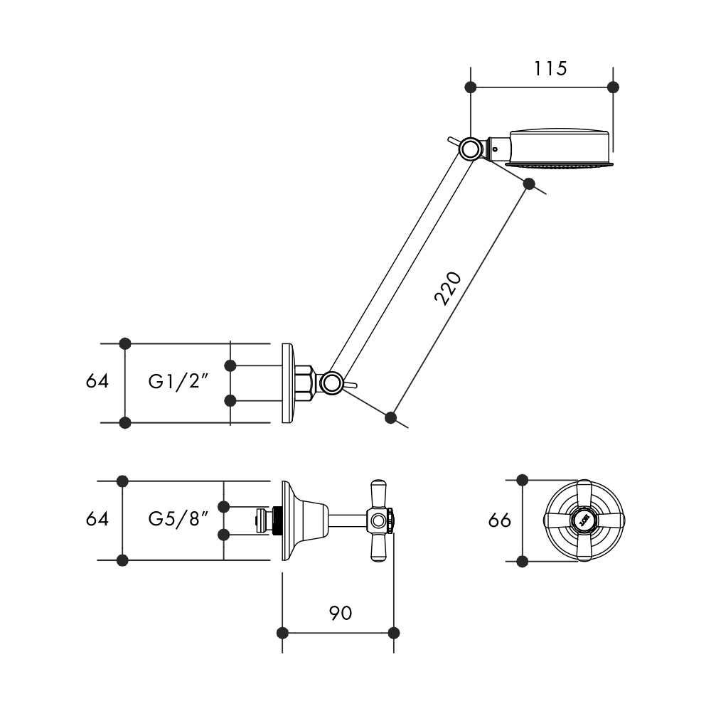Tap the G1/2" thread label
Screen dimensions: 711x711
coord(178,382)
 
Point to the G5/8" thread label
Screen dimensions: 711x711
coord(178,519)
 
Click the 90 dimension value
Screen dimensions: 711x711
coord(340,613)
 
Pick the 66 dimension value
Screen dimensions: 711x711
coord(500,520)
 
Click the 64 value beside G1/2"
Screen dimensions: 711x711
coord(97,382)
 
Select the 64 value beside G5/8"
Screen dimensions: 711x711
coord(97,519)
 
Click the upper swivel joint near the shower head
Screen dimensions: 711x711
coord(470,149)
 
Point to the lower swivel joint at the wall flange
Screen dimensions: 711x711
coord(331,383)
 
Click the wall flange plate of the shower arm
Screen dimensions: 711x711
coord(287,383)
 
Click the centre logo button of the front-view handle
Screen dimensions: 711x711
coord(584,520)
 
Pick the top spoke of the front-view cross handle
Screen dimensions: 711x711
coord(584,495)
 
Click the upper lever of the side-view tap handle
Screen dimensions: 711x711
coord(377,495)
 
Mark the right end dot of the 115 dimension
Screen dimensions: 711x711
coord(614,87)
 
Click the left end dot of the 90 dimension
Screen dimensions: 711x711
coord(282,632)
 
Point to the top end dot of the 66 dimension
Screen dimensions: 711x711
coord(523,480)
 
